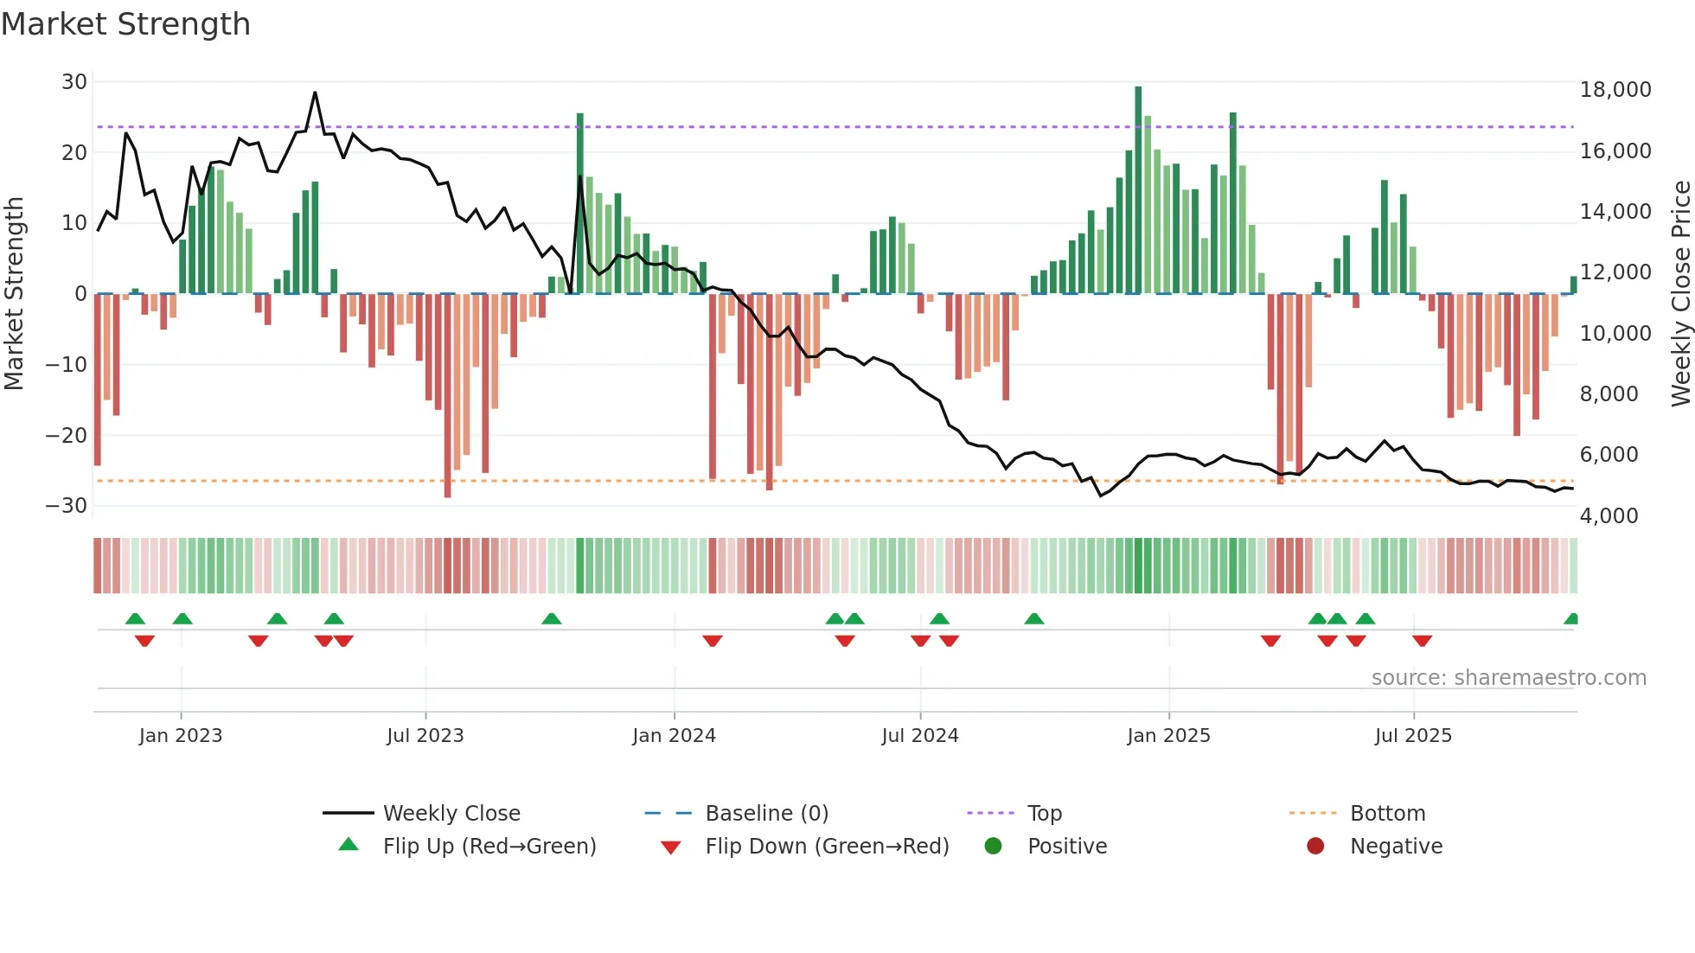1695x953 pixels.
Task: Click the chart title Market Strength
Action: (125, 24)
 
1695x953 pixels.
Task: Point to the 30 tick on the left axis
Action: (74, 82)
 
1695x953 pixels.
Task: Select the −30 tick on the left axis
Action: (67, 506)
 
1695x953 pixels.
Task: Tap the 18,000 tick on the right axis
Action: (1615, 90)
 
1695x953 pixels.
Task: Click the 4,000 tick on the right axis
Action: (1609, 516)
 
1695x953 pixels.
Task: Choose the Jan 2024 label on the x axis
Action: (674, 736)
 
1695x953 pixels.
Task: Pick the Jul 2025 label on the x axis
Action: (1413, 736)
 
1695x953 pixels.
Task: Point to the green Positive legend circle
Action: (993, 847)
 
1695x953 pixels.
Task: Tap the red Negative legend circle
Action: (1315, 847)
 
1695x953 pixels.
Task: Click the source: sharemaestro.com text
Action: (1508, 678)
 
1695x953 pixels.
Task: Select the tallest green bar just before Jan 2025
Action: (1138, 190)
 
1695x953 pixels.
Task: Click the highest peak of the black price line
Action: (315, 93)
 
